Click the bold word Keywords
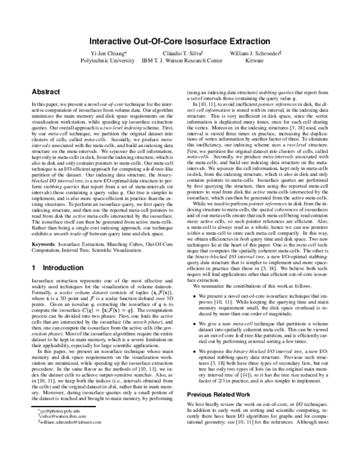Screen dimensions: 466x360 [x=44, y=245]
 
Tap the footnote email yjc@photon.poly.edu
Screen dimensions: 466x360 [x=56, y=442]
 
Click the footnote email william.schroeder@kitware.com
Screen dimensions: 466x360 [x=67, y=454]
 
